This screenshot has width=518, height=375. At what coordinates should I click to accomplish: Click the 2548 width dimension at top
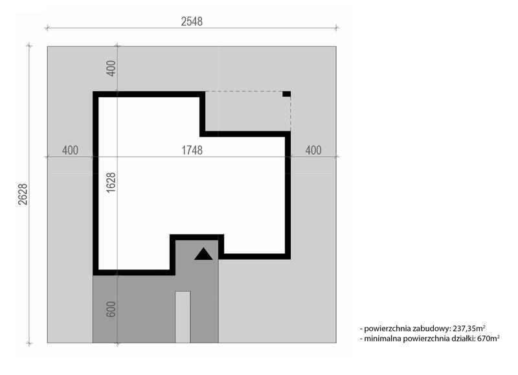click(192, 21)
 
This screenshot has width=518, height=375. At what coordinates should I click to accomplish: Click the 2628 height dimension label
click(23, 194)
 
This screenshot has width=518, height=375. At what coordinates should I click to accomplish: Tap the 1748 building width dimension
click(192, 150)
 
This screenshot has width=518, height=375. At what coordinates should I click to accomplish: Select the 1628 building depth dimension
click(111, 182)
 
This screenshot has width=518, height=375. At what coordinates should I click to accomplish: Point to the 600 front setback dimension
click(111, 309)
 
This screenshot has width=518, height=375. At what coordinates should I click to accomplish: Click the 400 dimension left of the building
click(70, 150)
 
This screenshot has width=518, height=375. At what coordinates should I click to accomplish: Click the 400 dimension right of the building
click(313, 150)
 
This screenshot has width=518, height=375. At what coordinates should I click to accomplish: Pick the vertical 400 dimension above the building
click(111, 68)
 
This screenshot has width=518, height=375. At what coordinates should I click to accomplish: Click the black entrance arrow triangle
click(203, 254)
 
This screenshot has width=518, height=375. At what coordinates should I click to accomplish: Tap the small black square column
click(286, 94)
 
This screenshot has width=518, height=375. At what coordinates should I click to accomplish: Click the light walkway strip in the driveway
click(183, 317)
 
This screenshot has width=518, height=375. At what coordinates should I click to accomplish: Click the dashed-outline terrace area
click(248, 111)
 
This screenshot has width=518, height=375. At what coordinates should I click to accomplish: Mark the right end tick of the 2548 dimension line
click(336, 28)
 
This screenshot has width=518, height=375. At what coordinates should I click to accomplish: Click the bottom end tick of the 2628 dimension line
click(29, 344)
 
